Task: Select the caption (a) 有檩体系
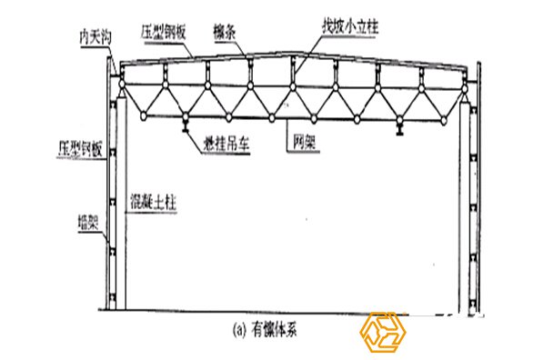(274, 331)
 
